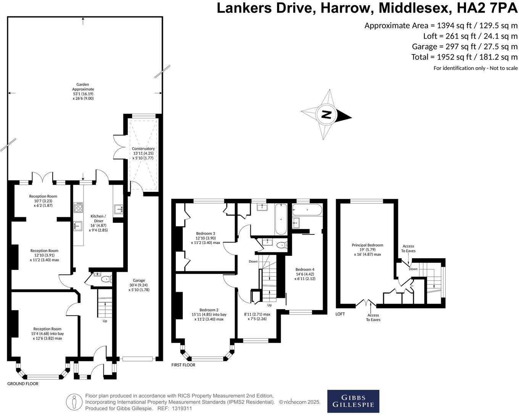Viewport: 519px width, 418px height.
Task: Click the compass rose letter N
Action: (x=326, y=114)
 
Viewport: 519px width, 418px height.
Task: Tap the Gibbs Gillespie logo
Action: (x=353, y=401)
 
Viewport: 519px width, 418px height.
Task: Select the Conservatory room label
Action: (x=143, y=149)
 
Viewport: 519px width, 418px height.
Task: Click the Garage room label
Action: (x=139, y=281)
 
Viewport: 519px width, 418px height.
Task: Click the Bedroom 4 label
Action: (x=305, y=269)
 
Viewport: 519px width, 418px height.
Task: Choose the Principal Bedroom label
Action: (x=367, y=245)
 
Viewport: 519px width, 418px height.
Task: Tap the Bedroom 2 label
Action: (x=209, y=310)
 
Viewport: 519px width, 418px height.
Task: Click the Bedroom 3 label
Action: (x=206, y=233)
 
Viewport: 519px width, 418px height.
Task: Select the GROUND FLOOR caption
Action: (x=23, y=384)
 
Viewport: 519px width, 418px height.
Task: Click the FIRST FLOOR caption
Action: (x=183, y=365)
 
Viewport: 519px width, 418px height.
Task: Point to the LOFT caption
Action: (x=340, y=314)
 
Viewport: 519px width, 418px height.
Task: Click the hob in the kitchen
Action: (x=78, y=207)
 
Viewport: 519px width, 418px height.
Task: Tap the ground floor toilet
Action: (x=106, y=279)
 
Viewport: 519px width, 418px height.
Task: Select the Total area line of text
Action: (x=464, y=57)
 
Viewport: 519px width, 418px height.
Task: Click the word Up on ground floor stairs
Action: (x=105, y=321)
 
